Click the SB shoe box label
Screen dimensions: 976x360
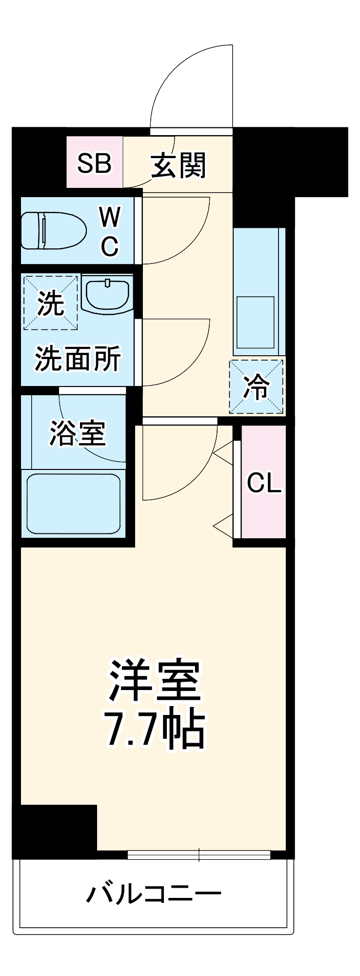click(95, 163)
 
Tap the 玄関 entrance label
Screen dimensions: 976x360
click(179, 165)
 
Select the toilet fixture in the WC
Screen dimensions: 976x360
click(53, 230)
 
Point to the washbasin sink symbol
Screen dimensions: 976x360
click(107, 294)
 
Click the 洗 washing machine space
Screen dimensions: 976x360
click(50, 303)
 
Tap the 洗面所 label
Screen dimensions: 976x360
click(77, 360)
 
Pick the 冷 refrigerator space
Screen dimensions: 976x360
click(257, 387)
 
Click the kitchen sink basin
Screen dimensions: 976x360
click(255, 322)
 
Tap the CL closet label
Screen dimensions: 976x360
click(264, 483)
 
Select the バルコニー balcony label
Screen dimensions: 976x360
click(154, 894)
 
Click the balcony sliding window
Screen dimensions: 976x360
click(199, 854)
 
